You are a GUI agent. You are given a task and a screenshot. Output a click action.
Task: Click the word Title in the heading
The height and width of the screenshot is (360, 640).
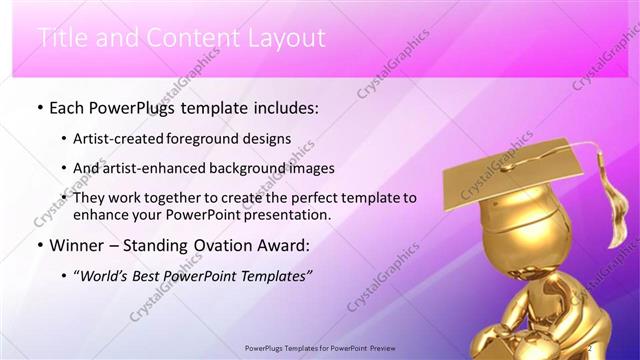(x=63, y=39)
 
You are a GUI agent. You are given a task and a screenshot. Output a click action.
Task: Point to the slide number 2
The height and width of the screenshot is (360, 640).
(x=591, y=348)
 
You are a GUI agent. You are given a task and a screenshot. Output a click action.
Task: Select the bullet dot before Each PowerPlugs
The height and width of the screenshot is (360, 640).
(x=38, y=106)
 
